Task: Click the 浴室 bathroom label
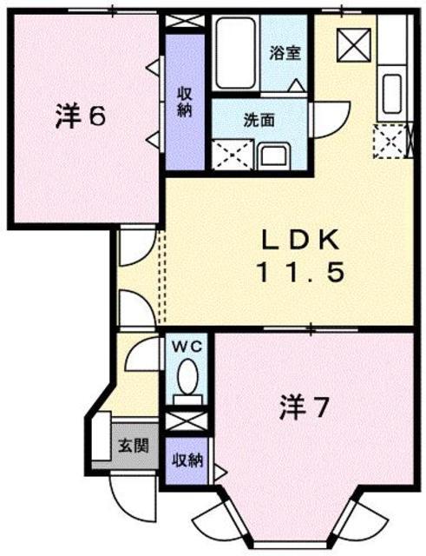285,52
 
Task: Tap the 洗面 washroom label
259,121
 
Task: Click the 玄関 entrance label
132,447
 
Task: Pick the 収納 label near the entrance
186,460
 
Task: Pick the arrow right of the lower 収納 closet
220,472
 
